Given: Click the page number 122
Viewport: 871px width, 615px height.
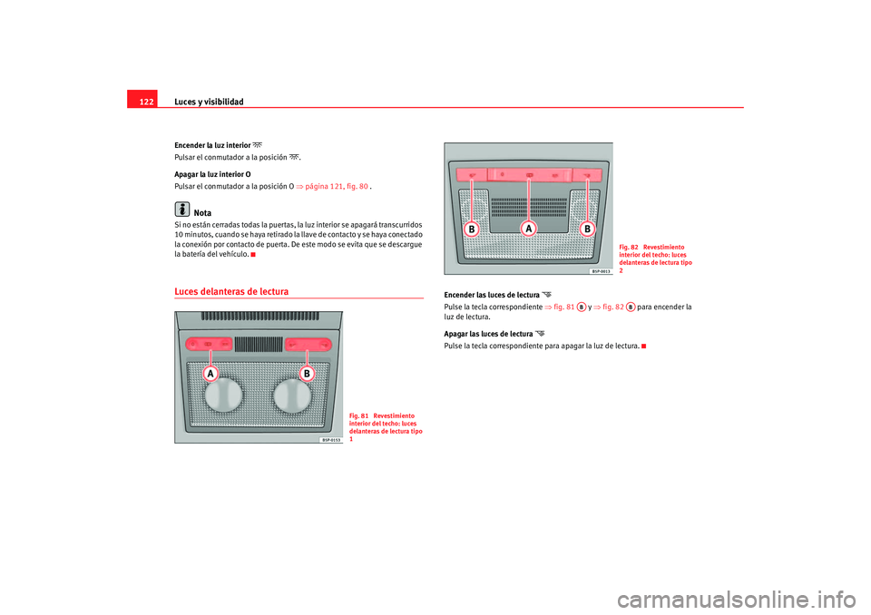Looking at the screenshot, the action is click(x=146, y=102).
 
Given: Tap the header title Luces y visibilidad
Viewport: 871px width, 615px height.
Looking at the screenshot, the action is click(x=209, y=102).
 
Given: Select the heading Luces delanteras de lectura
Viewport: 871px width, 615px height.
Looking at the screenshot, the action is click(x=231, y=292).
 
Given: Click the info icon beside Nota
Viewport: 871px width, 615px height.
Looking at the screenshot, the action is click(x=182, y=209).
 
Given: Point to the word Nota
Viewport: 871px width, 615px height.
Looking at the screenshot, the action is click(x=202, y=213).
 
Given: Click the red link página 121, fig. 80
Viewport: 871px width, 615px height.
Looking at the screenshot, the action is click(x=336, y=187).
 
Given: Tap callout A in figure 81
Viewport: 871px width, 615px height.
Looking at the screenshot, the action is click(x=210, y=374).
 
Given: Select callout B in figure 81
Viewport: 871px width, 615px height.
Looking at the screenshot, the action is click(x=307, y=374).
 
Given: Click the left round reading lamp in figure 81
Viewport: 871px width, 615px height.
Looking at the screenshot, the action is click(x=224, y=395).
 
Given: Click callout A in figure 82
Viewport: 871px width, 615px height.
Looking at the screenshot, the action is click(x=528, y=229).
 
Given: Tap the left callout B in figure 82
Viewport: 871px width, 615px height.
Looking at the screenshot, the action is click(x=472, y=229).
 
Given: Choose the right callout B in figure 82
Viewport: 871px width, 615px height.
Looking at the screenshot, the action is click(x=587, y=229).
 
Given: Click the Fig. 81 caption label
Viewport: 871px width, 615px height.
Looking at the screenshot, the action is click(x=359, y=416).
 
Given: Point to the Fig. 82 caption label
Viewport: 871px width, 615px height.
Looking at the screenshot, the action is click(x=629, y=248).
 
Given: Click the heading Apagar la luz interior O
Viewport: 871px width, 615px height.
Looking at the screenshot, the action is click(x=212, y=174).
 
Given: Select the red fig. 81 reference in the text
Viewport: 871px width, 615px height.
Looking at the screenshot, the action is click(x=563, y=307).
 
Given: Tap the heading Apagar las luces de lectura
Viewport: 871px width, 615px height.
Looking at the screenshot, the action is click(x=488, y=334).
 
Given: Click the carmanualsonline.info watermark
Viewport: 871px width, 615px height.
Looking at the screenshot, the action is click(x=737, y=600).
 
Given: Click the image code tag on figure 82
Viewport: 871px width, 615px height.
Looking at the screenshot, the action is click(x=601, y=271).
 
